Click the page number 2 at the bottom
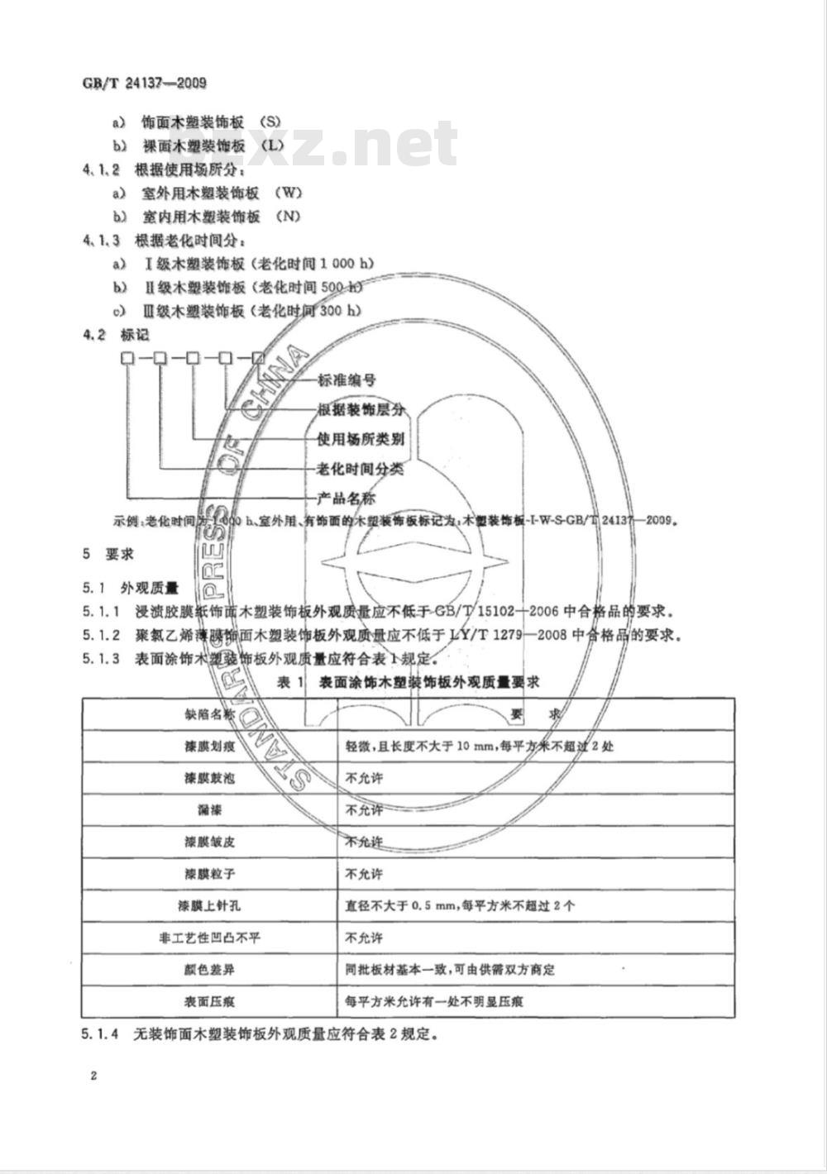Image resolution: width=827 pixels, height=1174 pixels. pyautogui.click(x=93, y=1076)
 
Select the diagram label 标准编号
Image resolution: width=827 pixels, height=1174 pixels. pyautogui.click(x=347, y=381)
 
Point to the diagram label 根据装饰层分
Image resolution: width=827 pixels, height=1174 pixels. pyautogui.click(x=361, y=410)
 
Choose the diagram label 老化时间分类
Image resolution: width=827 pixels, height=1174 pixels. pyautogui.click(x=361, y=469)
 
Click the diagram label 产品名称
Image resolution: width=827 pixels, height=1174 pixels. pyautogui.click(x=347, y=499)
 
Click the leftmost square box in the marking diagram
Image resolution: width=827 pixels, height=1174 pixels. pyautogui.click(x=127, y=358)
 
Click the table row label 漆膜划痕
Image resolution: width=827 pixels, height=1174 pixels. pyautogui.click(x=210, y=746)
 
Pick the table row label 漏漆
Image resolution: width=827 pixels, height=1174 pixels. pyautogui.click(x=210, y=809)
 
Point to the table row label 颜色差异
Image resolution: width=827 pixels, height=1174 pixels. pyautogui.click(x=210, y=969)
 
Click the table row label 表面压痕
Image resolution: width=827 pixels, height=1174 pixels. pyautogui.click(x=210, y=1001)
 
